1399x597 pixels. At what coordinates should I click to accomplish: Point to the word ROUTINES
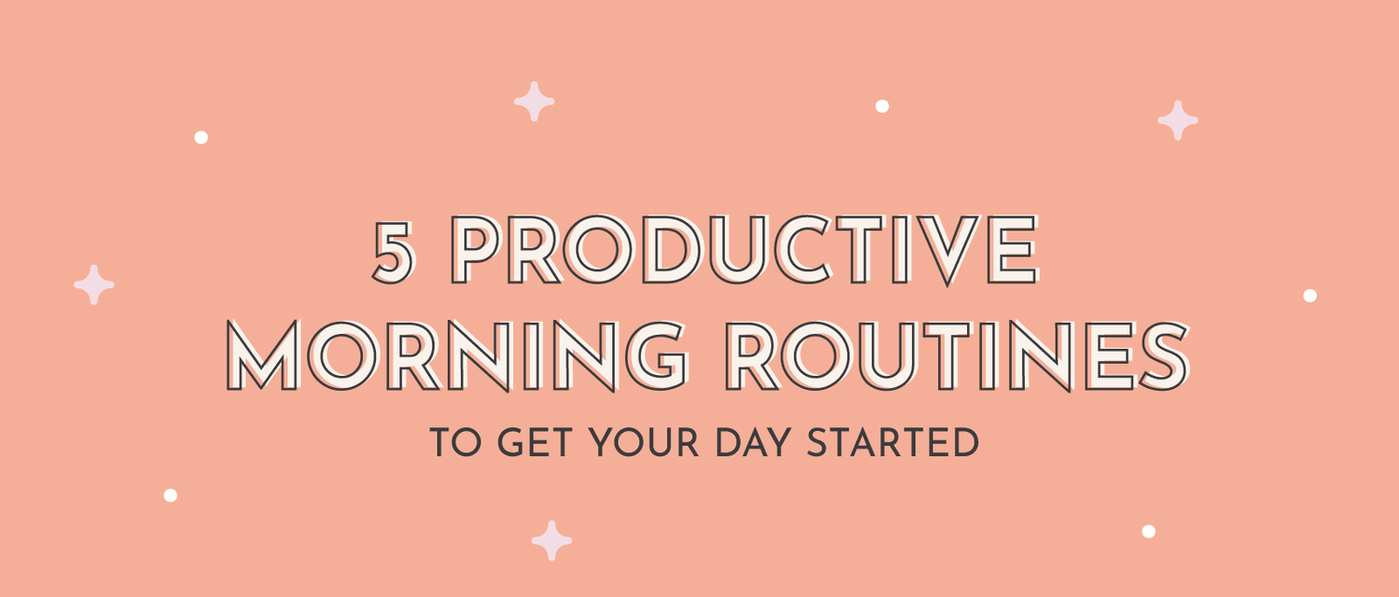tap(957, 356)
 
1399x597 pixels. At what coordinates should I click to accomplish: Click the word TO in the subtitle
tap(453, 443)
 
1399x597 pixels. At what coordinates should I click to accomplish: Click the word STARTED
tap(893, 443)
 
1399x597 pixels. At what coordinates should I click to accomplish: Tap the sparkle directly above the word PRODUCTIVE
tap(534, 102)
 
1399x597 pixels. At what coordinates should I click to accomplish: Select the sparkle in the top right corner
tap(1178, 120)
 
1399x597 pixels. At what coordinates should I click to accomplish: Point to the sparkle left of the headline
tap(94, 285)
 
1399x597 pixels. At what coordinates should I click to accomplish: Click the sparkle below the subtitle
tap(551, 541)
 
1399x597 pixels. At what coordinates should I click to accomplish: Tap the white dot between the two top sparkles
tap(881, 106)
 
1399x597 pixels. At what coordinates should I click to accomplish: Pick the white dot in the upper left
tap(201, 137)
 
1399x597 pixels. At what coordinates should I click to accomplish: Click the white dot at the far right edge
tap(1309, 296)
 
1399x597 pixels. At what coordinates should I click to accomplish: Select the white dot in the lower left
tap(170, 495)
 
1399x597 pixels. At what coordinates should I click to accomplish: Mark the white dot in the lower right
tap(1148, 531)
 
